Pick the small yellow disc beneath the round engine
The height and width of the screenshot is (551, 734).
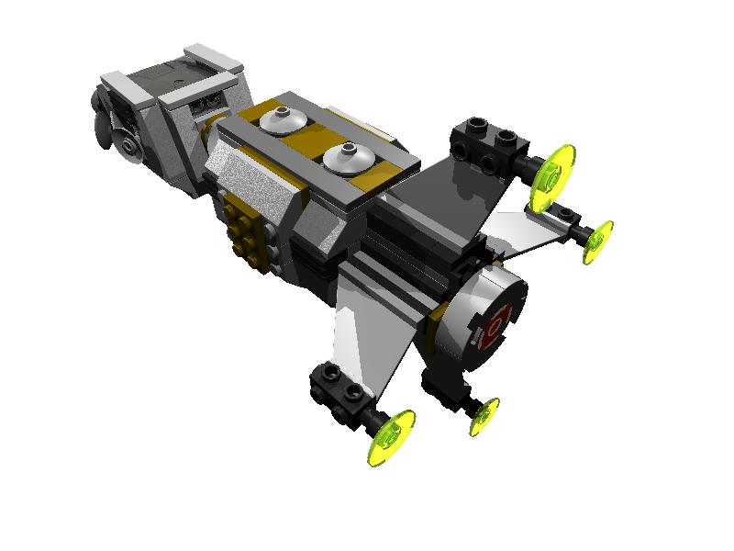pyautogui.click(x=484, y=417)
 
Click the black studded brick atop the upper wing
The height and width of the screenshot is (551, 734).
pyautogui.click(x=486, y=142)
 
